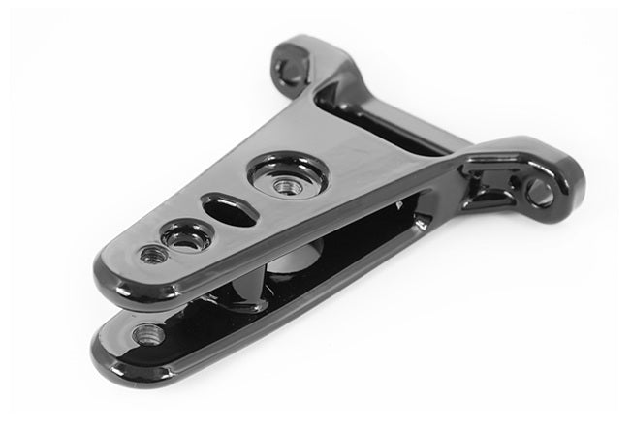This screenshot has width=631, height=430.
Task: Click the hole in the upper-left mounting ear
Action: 288,68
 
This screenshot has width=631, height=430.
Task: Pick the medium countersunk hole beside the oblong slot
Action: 184,237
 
